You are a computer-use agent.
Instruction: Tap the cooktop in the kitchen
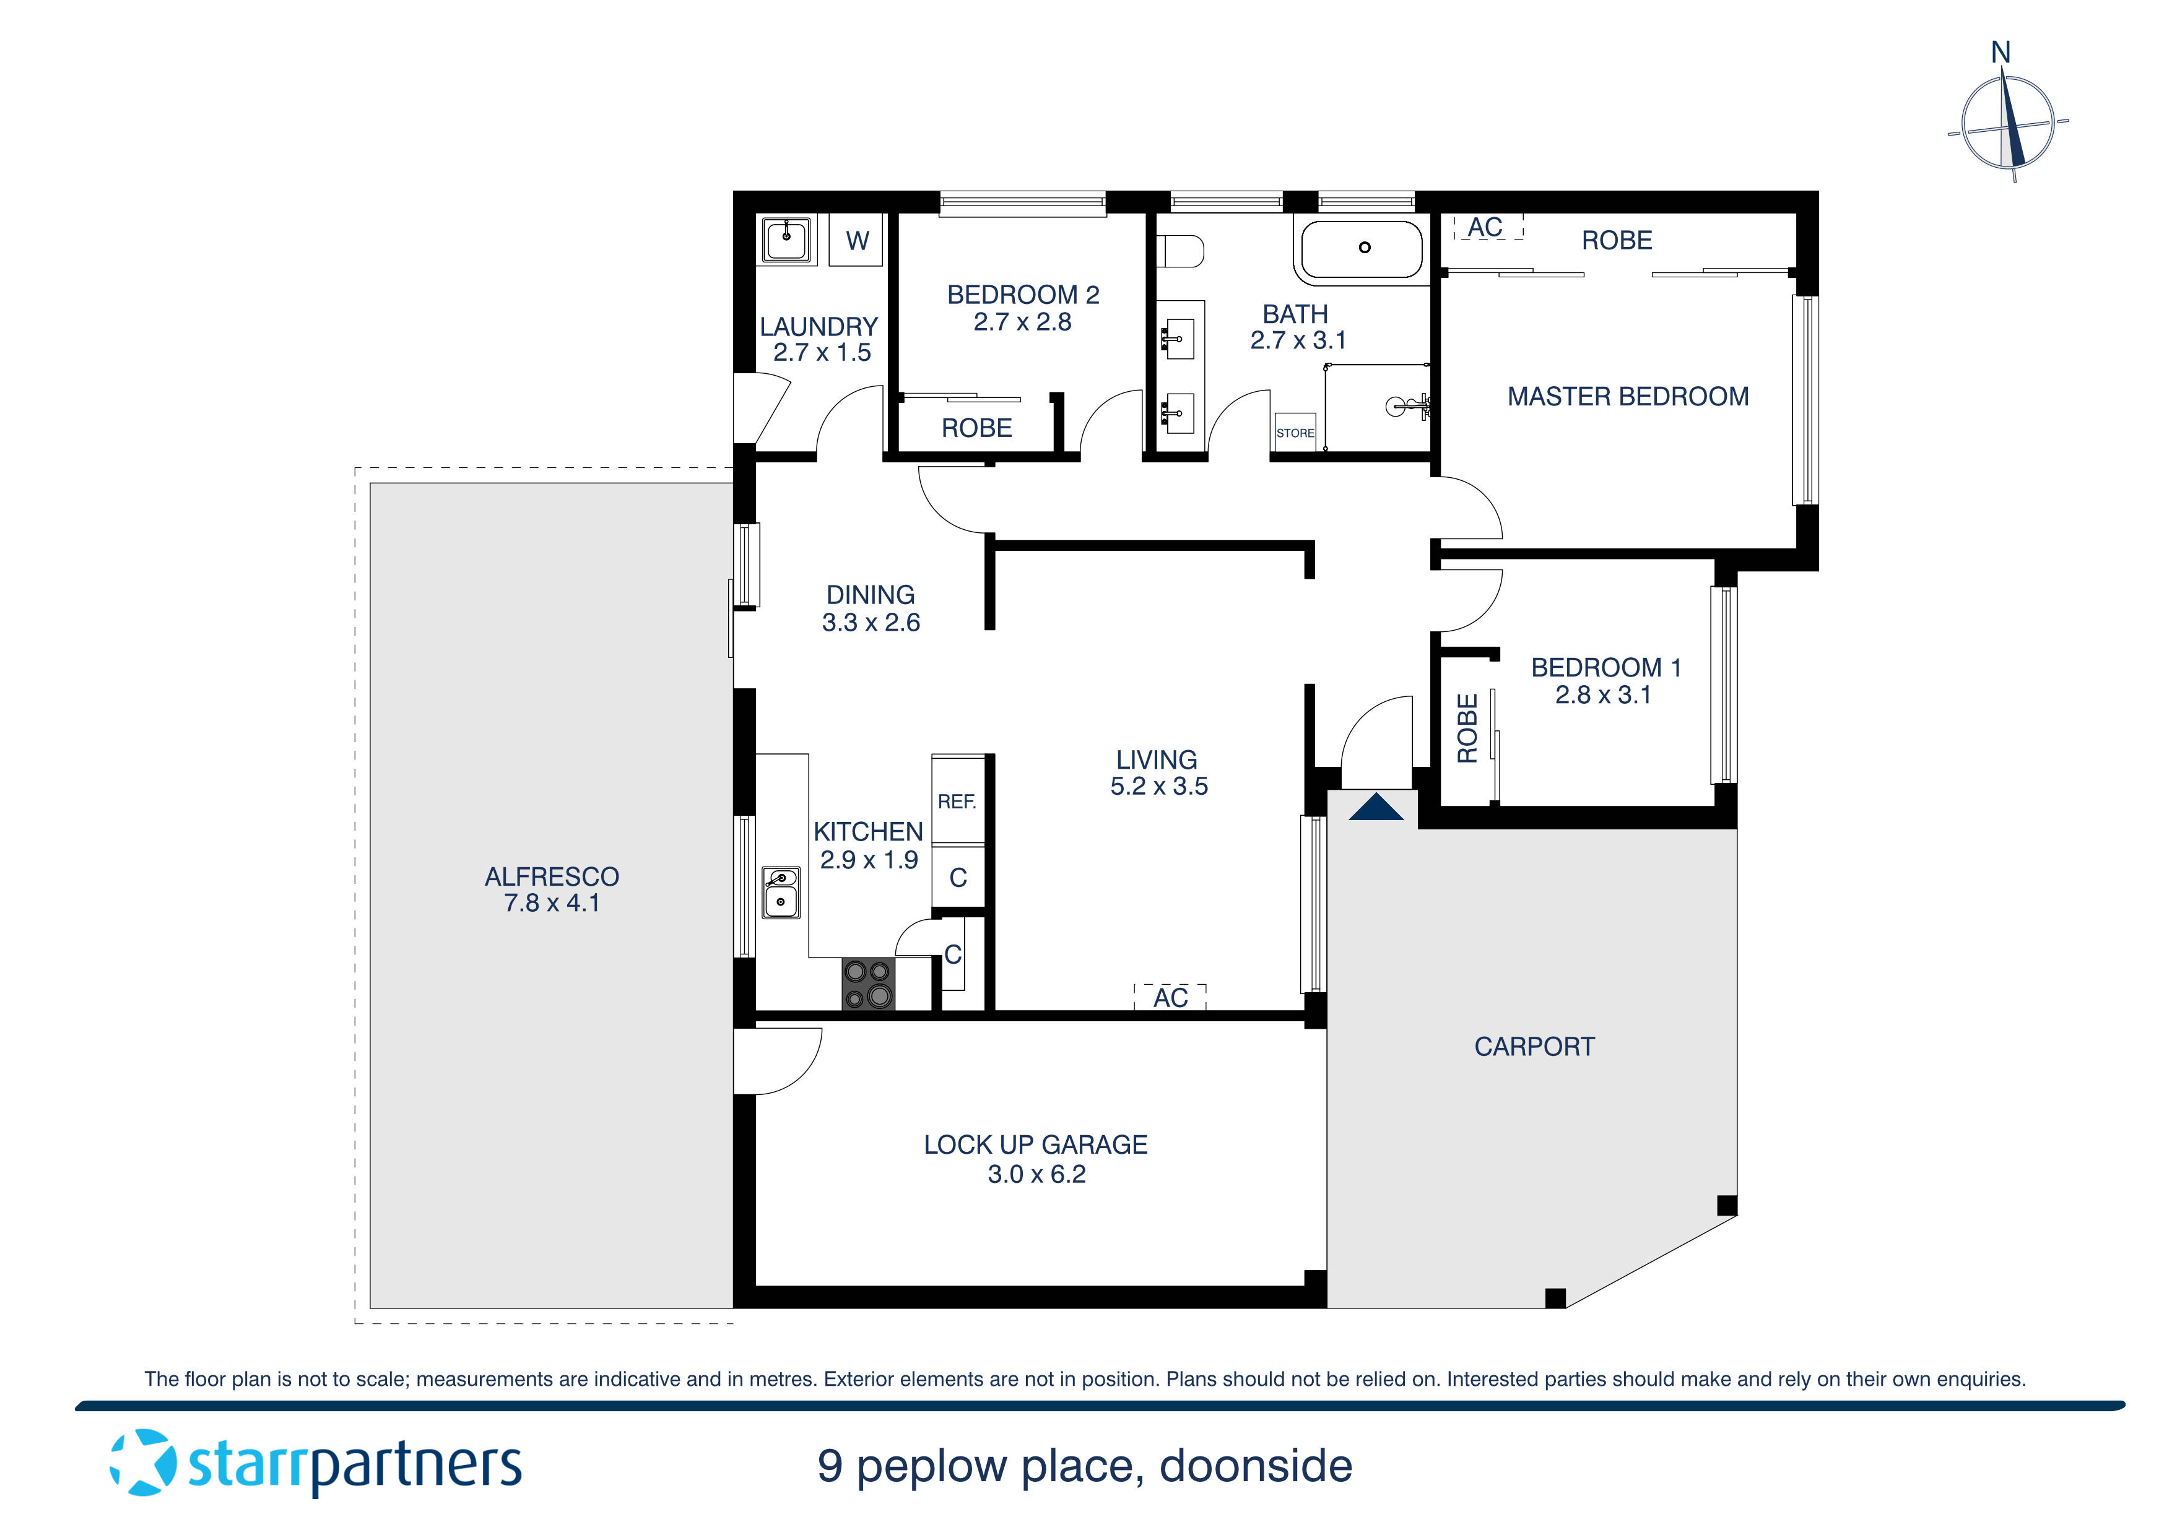tap(867, 985)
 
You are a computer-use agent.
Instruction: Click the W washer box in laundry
tap(857, 240)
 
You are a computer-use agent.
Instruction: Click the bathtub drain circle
tap(1364, 248)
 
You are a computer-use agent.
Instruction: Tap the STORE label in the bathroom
tap(1295, 433)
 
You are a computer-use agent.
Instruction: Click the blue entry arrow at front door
tap(1376, 808)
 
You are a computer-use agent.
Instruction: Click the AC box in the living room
tap(1170, 997)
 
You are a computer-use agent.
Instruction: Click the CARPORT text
tap(1534, 1047)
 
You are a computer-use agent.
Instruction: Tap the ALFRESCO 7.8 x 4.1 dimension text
tap(552, 903)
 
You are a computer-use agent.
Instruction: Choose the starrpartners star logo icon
tap(143, 1463)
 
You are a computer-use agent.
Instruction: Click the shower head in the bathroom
tap(1400, 407)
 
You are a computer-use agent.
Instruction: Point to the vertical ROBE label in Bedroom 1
tap(1467, 729)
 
